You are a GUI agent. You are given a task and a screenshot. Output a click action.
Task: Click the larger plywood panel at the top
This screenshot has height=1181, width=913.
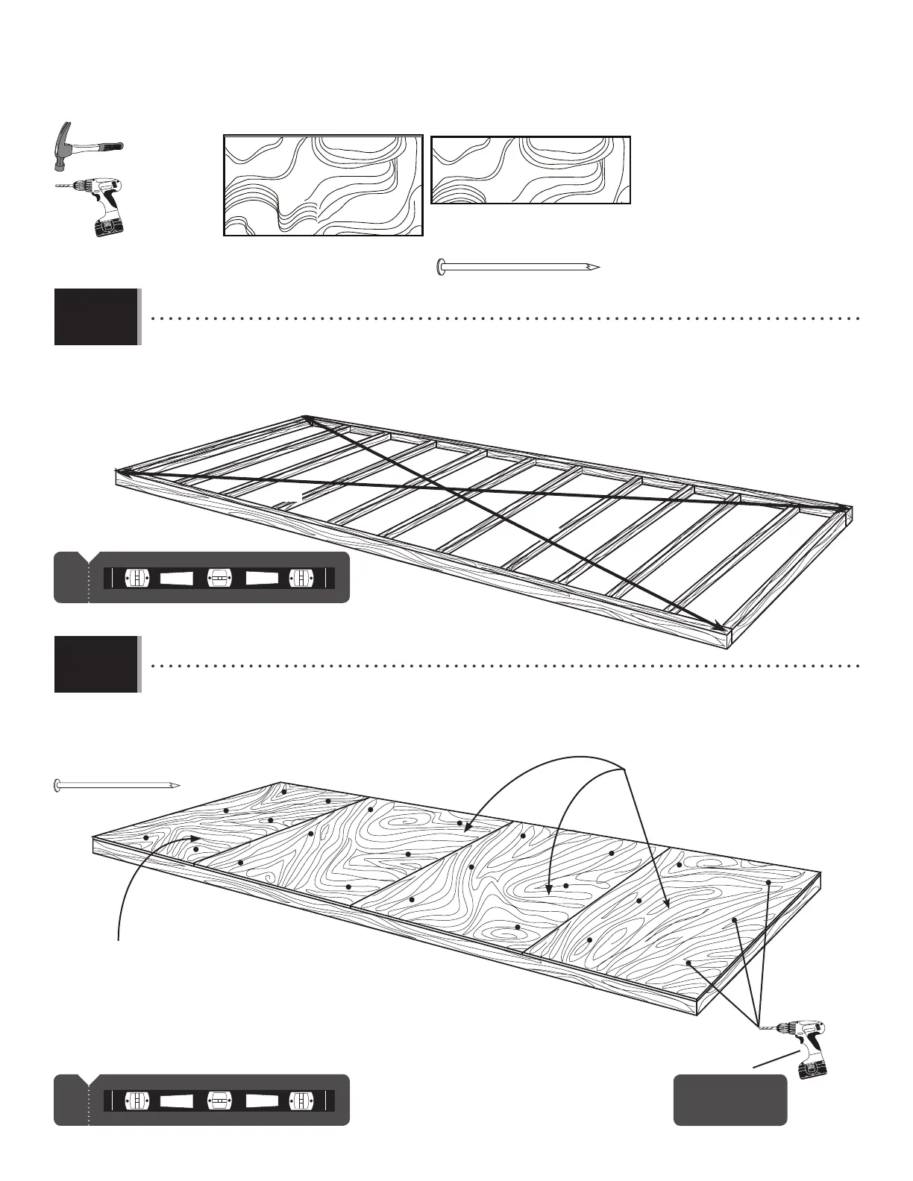coord(323,186)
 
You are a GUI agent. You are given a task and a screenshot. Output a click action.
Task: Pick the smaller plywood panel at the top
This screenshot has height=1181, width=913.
coord(530,170)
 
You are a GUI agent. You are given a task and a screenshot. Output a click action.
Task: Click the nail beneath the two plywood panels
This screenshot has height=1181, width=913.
coord(518,267)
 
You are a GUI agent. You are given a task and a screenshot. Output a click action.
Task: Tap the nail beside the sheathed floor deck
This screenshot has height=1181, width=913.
coord(116,785)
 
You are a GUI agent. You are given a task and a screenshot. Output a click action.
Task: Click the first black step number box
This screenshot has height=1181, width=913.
coord(96,317)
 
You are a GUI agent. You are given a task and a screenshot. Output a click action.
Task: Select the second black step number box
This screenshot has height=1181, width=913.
coord(96,664)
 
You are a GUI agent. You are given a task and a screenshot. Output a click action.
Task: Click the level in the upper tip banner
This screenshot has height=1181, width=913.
coord(219,578)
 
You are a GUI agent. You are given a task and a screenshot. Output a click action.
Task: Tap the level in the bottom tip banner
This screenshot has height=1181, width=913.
coord(219,1100)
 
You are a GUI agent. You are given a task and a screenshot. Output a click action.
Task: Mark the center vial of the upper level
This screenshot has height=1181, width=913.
coord(219,578)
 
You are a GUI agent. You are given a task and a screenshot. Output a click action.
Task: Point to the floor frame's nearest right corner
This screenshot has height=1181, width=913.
coord(730,638)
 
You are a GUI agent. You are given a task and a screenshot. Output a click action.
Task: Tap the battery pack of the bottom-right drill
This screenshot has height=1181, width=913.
coord(811,1068)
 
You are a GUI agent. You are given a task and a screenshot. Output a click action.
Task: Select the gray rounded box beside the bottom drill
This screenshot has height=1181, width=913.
coord(730,1099)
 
